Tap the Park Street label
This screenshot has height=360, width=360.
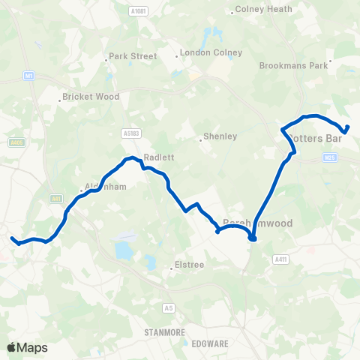point(133,56)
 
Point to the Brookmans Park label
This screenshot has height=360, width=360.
point(294,65)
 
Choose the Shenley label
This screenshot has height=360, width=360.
point(220,136)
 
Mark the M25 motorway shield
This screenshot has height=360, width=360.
point(331,157)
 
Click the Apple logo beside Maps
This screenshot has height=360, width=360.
point(11,347)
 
